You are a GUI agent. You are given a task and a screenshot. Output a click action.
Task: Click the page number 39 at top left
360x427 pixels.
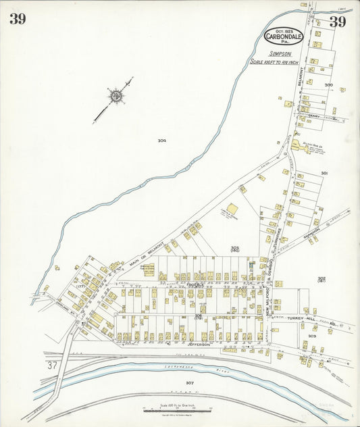(x=18, y=19)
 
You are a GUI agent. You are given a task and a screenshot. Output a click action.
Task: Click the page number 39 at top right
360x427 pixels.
(x=338, y=22)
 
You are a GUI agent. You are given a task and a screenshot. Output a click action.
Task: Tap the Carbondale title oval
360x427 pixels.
(x=283, y=36)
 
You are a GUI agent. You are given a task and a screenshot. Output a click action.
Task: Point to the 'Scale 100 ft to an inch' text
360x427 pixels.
(x=276, y=61)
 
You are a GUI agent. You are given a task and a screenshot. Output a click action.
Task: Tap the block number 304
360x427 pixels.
(x=161, y=141)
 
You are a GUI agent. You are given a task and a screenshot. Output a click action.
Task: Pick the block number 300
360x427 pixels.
(x=328, y=85)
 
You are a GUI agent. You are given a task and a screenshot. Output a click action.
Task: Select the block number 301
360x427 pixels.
(x=324, y=174)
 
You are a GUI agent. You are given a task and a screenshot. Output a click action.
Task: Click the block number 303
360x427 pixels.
(x=312, y=335)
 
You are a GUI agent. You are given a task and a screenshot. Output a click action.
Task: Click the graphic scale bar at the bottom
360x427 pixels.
(x=177, y=410)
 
